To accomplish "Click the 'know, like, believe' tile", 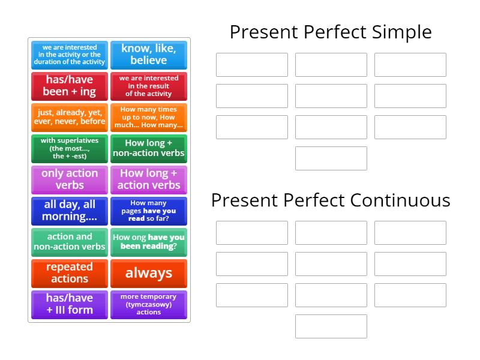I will (149, 55).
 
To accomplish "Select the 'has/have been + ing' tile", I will (70, 86).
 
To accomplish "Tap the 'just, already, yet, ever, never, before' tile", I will (70, 117).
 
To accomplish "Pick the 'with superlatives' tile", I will (70, 148).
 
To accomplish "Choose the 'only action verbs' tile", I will (70, 179).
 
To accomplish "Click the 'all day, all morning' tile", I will (70, 211).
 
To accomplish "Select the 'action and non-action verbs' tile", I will (70, 242).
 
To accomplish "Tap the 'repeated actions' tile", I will (70, 273).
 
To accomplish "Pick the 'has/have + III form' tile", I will (70, 304).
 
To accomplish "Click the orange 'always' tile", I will (149, 273).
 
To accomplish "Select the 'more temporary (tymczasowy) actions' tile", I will (149, 304).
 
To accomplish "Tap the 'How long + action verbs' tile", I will (149, 179).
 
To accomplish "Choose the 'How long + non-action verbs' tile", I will (149, 148).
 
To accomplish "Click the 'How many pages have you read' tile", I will (149, 211).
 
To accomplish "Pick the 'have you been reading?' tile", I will (149, 242).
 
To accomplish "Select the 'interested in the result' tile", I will (149, 86).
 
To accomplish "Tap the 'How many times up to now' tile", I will (149, 117).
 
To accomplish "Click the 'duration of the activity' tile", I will (70, 55).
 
